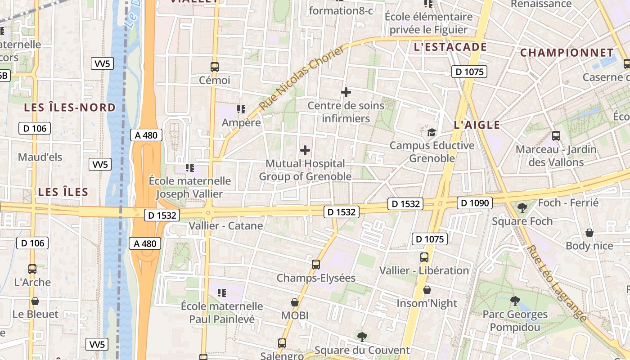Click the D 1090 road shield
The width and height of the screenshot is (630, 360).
click(474, 203)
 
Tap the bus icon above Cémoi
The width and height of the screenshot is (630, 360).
click(215, 67)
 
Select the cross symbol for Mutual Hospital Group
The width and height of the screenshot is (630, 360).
click(305, 150)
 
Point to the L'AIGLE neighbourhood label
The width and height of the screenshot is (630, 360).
click(477, 125)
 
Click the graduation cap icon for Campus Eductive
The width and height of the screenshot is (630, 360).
click(432, 132)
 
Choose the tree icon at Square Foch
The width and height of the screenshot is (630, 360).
click(522, 207)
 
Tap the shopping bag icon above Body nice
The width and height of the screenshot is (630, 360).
click(589, 233)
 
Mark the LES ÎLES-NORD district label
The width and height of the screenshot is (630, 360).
click(70, 108)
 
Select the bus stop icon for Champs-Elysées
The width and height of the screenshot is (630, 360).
click(316, 265)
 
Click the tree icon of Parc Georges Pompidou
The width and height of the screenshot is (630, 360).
click(515, 301)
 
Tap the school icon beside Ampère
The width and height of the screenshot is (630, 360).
click(241, 109)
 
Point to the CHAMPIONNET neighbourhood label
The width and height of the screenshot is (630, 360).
click(567, 53)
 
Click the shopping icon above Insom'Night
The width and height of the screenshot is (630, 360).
click(427, 290)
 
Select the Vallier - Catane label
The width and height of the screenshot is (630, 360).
click(226, 225)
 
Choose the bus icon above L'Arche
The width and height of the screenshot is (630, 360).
click(32, 269)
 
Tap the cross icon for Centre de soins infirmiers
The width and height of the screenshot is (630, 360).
click(346, 92)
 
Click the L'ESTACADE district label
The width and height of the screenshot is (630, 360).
click(450, 47)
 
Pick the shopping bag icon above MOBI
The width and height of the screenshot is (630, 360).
click(295, 302)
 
